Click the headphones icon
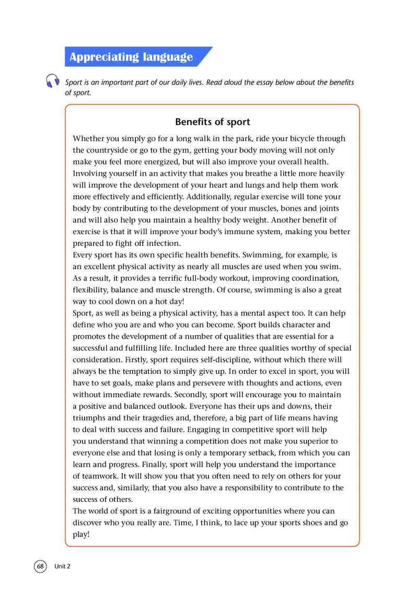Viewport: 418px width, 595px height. (x=52, y=81)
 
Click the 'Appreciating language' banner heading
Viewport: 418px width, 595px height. (x=131, y=57)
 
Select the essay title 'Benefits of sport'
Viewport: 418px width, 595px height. (x=213, y=122)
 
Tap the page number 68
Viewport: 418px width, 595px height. (x=40, y=566)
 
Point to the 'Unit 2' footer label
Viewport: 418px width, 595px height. (x=62, y=566)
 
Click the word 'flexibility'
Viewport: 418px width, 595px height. (x=92, y=290)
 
